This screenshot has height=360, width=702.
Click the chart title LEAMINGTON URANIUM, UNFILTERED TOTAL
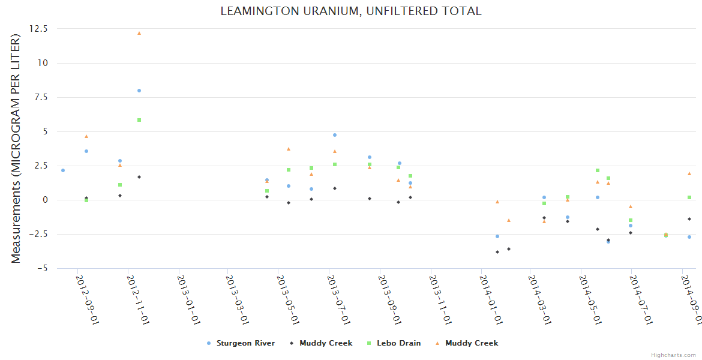pyautogui.click(x=351, y=11)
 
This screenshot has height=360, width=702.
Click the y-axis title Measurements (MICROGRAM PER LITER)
pyautogui.click(x=16, y=148)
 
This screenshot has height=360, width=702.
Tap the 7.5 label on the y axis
pyautogui.click(x=41, y=97)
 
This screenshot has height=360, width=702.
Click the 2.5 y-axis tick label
pyautogui.click(x=41, y=166)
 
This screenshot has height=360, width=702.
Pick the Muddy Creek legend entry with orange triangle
pyautogui.click(x=472, y=343)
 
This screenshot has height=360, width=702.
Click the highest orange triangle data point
pyautogui.click(x=139, y=33)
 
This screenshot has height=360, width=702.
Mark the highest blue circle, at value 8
pyautogui.click(x=139, y=91)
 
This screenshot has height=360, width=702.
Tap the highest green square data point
pyautogui.click(x=139, y=120)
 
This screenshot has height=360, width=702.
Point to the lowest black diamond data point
pyautogui.click(x=497, y=252)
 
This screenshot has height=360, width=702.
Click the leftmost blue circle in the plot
pyautogui.click(x=63, y=170)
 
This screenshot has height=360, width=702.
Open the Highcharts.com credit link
pyautogui.click(x=673, y=355)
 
